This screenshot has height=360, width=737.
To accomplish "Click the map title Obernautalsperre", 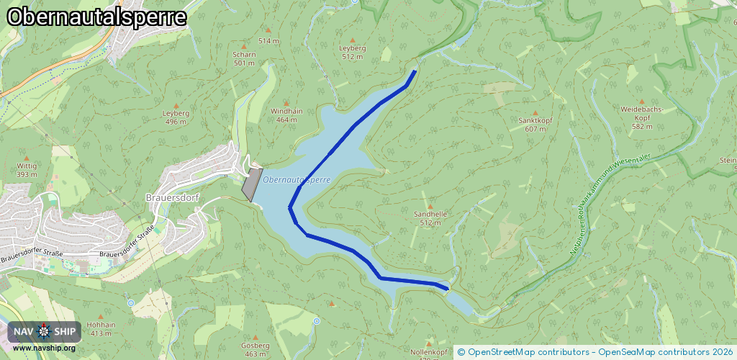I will tap(96, 17).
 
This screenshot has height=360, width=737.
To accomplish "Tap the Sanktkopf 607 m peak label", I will tap(535, 125).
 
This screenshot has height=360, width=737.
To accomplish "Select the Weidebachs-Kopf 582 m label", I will tap(642, 117).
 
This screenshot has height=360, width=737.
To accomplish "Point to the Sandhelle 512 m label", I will tap(430, 218).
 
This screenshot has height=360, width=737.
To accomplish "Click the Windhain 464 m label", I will tap(286, 115).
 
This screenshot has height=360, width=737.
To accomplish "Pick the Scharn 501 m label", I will tap(245, 58).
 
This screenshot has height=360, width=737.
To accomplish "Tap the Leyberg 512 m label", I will tap(353, 52).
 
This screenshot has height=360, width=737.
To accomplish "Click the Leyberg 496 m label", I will tap(176, 117).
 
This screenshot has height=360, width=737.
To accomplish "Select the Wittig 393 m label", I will tap(27, 169).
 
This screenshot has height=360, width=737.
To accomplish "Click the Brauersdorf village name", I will tap(173, 197).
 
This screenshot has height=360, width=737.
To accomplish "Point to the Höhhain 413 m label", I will tap(100, 328).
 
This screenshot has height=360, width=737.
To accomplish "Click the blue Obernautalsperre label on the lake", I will tap(297, 179).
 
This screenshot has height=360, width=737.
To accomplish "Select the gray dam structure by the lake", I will tap(250, 185).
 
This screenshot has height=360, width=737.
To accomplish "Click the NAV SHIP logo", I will tap(45, 332).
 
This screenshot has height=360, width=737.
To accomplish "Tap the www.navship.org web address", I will tap(44, 348).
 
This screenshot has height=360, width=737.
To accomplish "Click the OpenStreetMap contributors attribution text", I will tap(523, 352).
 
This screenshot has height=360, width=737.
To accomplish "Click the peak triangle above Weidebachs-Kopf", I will tap(642, 101).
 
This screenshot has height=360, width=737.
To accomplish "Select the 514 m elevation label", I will tap(268, 41).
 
